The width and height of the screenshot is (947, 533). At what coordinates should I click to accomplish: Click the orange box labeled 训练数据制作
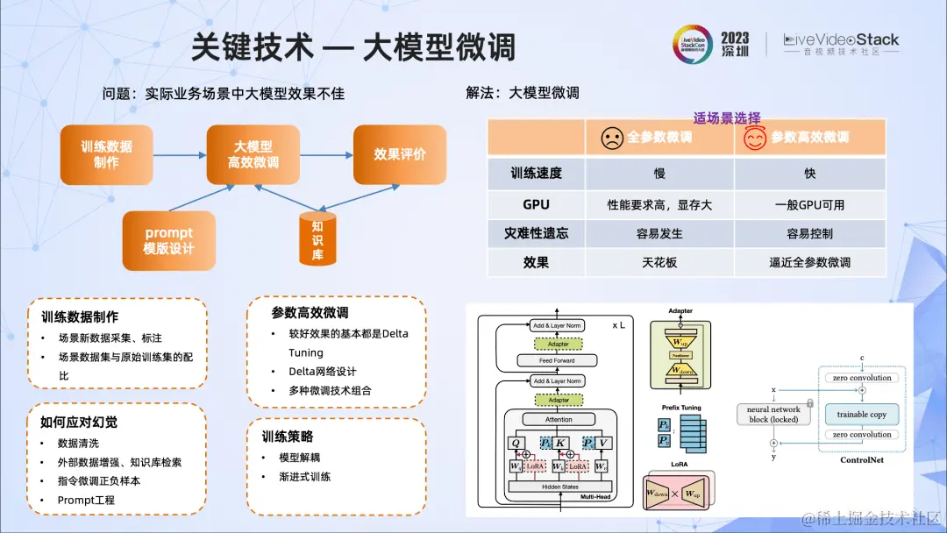click(106, 154)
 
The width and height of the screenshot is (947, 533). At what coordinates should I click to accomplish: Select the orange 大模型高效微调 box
click(253, 154)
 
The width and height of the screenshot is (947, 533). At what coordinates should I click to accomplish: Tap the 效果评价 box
click(399, 154)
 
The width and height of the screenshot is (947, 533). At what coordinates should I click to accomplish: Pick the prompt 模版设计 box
click(168, 240)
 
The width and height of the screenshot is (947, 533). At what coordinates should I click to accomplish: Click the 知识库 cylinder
click(317, 238)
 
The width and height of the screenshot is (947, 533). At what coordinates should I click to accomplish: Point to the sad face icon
click(611, 138)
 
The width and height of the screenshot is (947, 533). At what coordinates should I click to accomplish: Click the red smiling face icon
click(755, 138)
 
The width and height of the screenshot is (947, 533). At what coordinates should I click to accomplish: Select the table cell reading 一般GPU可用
click(809, 204)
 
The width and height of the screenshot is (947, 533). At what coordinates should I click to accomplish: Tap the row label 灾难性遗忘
click(536, 233)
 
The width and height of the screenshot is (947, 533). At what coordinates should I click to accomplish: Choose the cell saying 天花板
click(659, 262)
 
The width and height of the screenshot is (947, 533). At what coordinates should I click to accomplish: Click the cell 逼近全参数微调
click(809, 262)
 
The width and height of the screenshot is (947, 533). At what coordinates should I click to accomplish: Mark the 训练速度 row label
click(536, 174)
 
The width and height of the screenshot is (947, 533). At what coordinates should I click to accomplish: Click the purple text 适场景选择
click(727, 117)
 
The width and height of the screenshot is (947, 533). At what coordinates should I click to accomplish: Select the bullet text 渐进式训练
click(304, 476)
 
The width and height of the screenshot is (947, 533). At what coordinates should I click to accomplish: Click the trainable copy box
click(861, 415)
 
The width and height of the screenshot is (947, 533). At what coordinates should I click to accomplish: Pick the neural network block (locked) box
click(773, 415)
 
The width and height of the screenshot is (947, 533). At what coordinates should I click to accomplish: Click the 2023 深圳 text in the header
click(735, 44)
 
